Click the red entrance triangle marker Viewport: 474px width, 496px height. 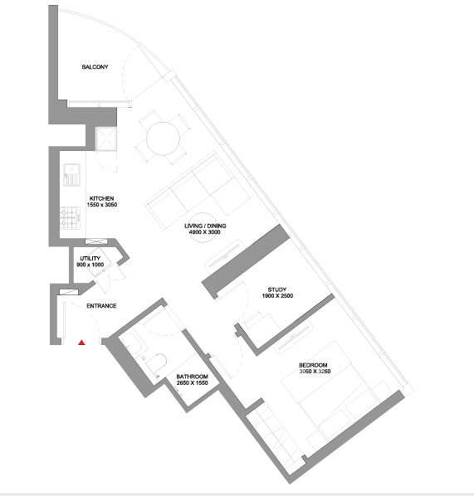click(81, 343)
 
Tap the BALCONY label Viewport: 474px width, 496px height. click(95, 67)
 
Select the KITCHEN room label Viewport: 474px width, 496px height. click(101, 199)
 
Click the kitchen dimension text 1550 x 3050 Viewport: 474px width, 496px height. click(102, 205)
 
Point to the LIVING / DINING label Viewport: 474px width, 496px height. click(205, 226)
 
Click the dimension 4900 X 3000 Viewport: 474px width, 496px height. click(204, 232)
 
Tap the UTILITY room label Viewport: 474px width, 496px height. click(90, 259)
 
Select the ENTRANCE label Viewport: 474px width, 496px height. click(101, 306)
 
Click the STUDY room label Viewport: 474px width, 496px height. click(277, 289)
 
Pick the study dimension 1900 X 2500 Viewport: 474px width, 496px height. click(277, 296)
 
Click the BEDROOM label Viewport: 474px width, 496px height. click(313, 365)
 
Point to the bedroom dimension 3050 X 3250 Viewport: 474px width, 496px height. click(315, 371)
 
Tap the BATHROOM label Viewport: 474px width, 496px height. click(193, 377)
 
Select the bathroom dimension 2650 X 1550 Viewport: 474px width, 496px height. click(193, 382)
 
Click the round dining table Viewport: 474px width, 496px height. click(163, 139)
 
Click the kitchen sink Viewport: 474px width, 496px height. click(72, 175)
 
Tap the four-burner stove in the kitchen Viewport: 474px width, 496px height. click(70, 218)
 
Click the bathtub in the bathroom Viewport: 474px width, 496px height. click(133, 343)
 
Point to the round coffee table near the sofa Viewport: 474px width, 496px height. click(203, 227)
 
